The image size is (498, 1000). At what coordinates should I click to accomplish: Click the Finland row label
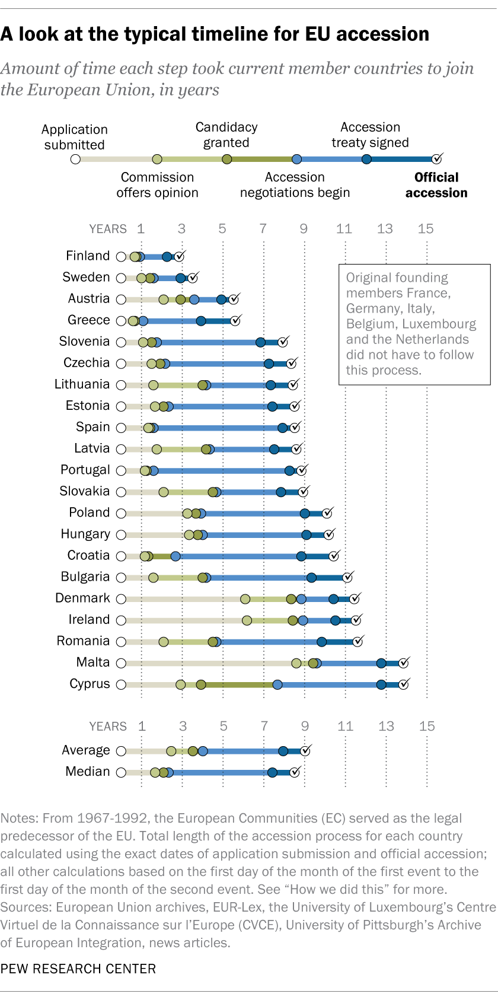coord(88,256)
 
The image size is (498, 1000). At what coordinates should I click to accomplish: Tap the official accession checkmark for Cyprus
coord(404,684)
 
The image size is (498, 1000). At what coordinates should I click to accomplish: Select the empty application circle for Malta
coord(121,663)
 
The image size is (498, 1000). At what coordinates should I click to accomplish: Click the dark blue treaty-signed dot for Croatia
coord(301,556)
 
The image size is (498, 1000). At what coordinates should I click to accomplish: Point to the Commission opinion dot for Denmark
coord(245,599)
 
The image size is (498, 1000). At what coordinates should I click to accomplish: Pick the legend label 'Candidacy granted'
coord(226,135)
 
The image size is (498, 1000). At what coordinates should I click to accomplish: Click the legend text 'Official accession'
coord(436,185)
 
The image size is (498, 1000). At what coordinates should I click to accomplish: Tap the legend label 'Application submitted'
coord(75,137)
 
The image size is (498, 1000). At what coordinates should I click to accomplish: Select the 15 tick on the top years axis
coord(426,229)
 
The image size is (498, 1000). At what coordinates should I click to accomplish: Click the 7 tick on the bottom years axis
coord(264,726)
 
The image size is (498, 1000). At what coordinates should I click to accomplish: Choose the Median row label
coord(88,772)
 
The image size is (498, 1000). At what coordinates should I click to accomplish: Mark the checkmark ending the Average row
coord(305,751)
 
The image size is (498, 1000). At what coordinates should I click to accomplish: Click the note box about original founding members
coord(414,324)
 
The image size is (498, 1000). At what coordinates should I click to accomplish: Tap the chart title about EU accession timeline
coord(215,34)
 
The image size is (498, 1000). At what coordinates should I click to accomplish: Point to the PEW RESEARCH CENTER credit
coord(78,969)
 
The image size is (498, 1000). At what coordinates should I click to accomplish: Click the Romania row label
coord(83,641)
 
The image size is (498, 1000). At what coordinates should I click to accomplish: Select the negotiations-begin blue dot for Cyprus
coord(277,684)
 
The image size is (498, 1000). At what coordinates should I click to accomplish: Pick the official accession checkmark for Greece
coord(235,320)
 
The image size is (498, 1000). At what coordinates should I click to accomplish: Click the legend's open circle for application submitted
coord(75,159)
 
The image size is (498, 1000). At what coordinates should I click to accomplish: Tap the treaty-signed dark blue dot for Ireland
coord(336,620)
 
